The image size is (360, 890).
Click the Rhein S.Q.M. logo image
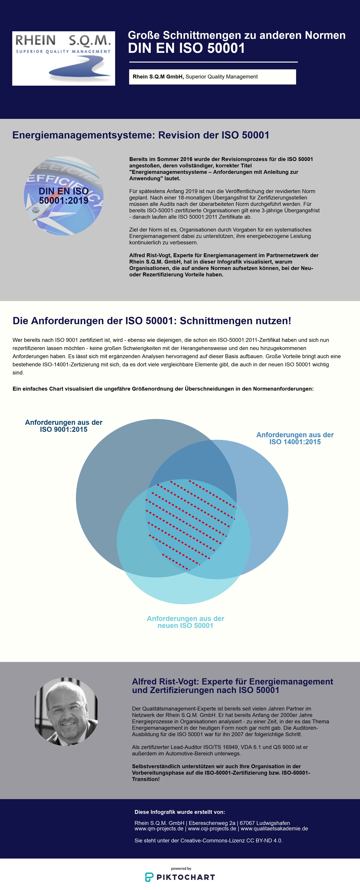[x=63, y=58]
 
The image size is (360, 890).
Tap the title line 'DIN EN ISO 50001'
[x=186, y=48]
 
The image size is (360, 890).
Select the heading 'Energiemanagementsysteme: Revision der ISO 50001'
[x=141, y=135]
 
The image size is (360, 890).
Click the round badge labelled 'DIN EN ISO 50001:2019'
[x=63, y=196]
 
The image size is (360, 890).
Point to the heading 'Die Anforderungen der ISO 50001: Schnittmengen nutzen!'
[x=152, y=321]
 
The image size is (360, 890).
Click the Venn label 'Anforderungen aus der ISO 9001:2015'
[x=63, y=426]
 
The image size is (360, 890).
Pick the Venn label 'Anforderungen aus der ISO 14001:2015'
[x=295, y=438]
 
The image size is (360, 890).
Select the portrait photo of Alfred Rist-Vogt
[x=66, y=711]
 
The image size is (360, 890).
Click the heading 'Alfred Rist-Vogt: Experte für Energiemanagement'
[x=232, y=682]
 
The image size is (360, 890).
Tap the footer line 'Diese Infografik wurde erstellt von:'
[x=180, y=812]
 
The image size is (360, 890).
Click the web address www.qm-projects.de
[x=159, y=829]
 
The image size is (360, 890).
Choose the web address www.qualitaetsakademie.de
[x=274, y=829]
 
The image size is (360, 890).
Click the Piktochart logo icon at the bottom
[x=149, y=877]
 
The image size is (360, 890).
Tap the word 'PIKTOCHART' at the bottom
[x=186, y=877]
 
